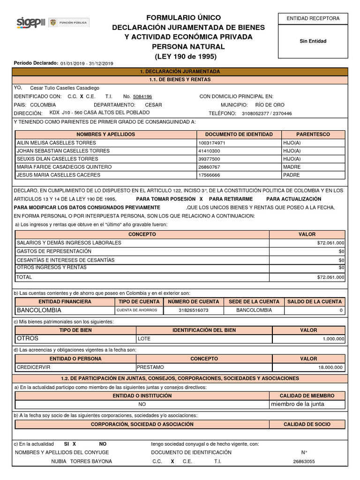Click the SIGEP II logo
(x=31, y=22)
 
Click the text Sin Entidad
(x=313, y=41)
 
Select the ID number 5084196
(x=142, y=97)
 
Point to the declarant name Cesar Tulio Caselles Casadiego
(x=65, y=88)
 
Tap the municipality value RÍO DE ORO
(x=270, y=105)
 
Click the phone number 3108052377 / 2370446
(x=267, y=113)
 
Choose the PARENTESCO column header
(x=313, y=135)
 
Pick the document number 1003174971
(x=212, y=143)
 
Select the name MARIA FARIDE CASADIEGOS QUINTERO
(x=64, y=167)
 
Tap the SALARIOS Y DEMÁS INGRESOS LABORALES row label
(x=69, y=243)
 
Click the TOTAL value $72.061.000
(x=330, y=277)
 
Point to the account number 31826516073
(x=194, y=310)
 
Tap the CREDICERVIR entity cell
(x=33, y=367)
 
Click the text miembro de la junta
(x=297, y=404)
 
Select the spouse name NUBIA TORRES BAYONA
(x=82, y=461)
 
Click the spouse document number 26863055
(x=304, y=462)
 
